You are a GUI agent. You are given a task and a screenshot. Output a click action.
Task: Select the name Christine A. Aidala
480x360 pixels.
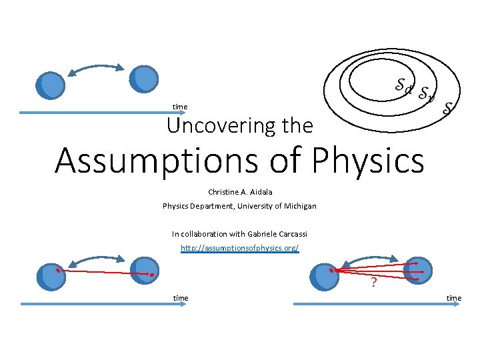(x=240, y=192)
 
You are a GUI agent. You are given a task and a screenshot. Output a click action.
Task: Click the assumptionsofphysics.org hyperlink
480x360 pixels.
(x=240, y=248)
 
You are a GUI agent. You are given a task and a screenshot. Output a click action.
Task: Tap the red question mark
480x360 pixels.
(x=374, y=283)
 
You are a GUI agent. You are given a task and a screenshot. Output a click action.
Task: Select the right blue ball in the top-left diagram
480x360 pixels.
(x=144, y=78)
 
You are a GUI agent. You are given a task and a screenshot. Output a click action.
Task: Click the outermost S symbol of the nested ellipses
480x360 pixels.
(x=448, y=106)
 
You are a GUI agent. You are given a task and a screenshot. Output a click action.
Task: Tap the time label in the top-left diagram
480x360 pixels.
(x=180, y=107)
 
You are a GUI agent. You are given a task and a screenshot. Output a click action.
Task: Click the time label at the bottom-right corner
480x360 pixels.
(x=454, y=298)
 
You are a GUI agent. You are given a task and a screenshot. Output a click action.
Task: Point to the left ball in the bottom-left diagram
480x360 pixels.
(x=51, y=277)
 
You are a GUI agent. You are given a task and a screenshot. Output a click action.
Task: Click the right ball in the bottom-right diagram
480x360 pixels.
(x=418, y=270)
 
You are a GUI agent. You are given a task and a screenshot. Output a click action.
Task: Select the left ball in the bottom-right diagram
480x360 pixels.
(x=325, y=277)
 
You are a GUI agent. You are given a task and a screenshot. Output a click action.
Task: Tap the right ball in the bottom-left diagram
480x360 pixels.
(x=145, y=270)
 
